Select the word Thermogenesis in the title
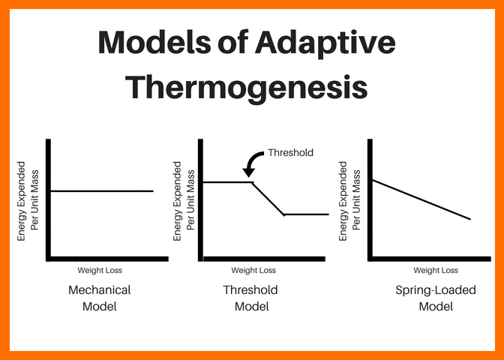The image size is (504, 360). tap(247, 87)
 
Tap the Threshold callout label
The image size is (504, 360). tap(290, 152)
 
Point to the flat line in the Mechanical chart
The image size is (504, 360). tap(101, 191)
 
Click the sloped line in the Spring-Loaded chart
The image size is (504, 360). tap(421, 199)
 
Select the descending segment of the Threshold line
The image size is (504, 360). tap(268, 199)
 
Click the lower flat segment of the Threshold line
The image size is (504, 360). tap(307, 214)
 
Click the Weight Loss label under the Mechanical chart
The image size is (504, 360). tap(100, 271)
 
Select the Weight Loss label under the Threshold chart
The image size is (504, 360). tap(253, 271)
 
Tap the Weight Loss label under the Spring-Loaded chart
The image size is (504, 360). tap(436, 271)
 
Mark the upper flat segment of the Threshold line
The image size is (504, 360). tap(228, 182)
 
